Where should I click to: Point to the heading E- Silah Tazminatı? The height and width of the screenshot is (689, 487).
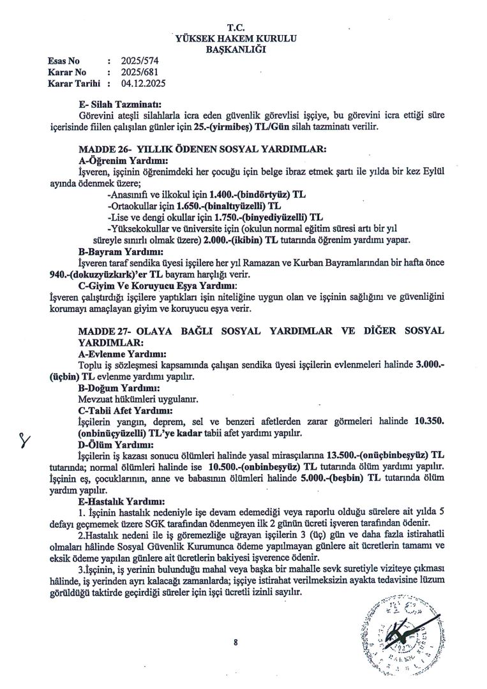click(119, 104)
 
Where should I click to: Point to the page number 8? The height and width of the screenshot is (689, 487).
click(236, 642)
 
